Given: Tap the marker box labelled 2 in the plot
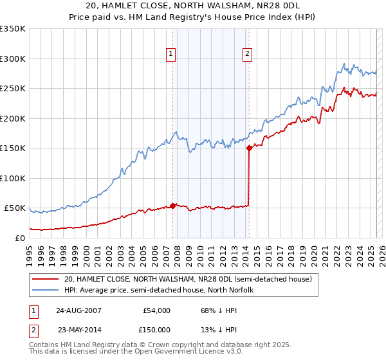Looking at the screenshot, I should [248, 55].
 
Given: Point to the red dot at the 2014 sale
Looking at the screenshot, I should [249, 148].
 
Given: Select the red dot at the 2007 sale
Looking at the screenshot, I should [172, 206].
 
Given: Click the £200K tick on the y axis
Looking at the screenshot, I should [13, 118].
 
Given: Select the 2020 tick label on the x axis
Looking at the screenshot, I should [314, 253].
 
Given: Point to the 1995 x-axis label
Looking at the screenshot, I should [30, 253].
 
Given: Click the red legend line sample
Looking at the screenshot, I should [44, 279].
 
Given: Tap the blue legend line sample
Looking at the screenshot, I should [44, 290].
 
